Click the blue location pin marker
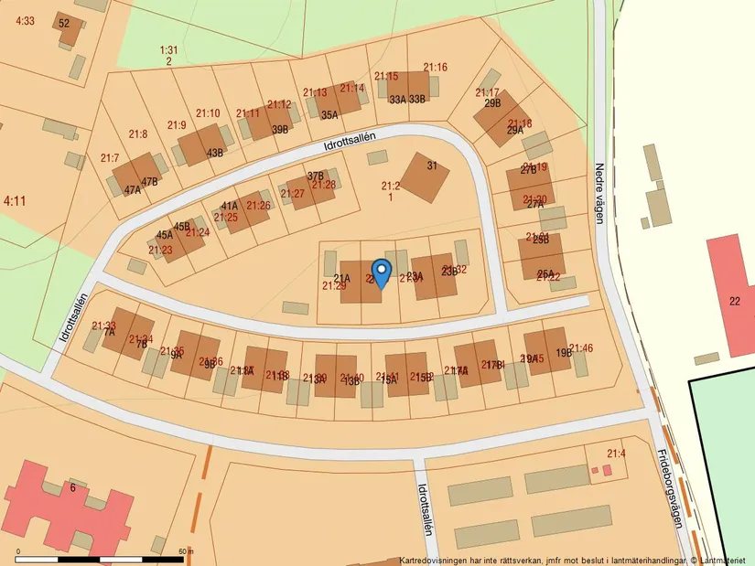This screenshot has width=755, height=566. pos(382,273)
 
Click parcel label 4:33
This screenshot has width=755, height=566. pos(25,20)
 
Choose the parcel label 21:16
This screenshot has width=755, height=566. pos(435,68)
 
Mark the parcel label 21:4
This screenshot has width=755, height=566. pos(615,453)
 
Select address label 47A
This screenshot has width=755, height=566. pos(133,190)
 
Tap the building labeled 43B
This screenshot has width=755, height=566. pos(214,153)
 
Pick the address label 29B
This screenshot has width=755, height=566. pos(492,103)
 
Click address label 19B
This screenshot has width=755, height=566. pos(563,352)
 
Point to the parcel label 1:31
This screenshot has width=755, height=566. pos(168,50)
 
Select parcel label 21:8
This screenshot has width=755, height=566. pos(138,134)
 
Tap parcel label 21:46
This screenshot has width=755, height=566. pos(582,348)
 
